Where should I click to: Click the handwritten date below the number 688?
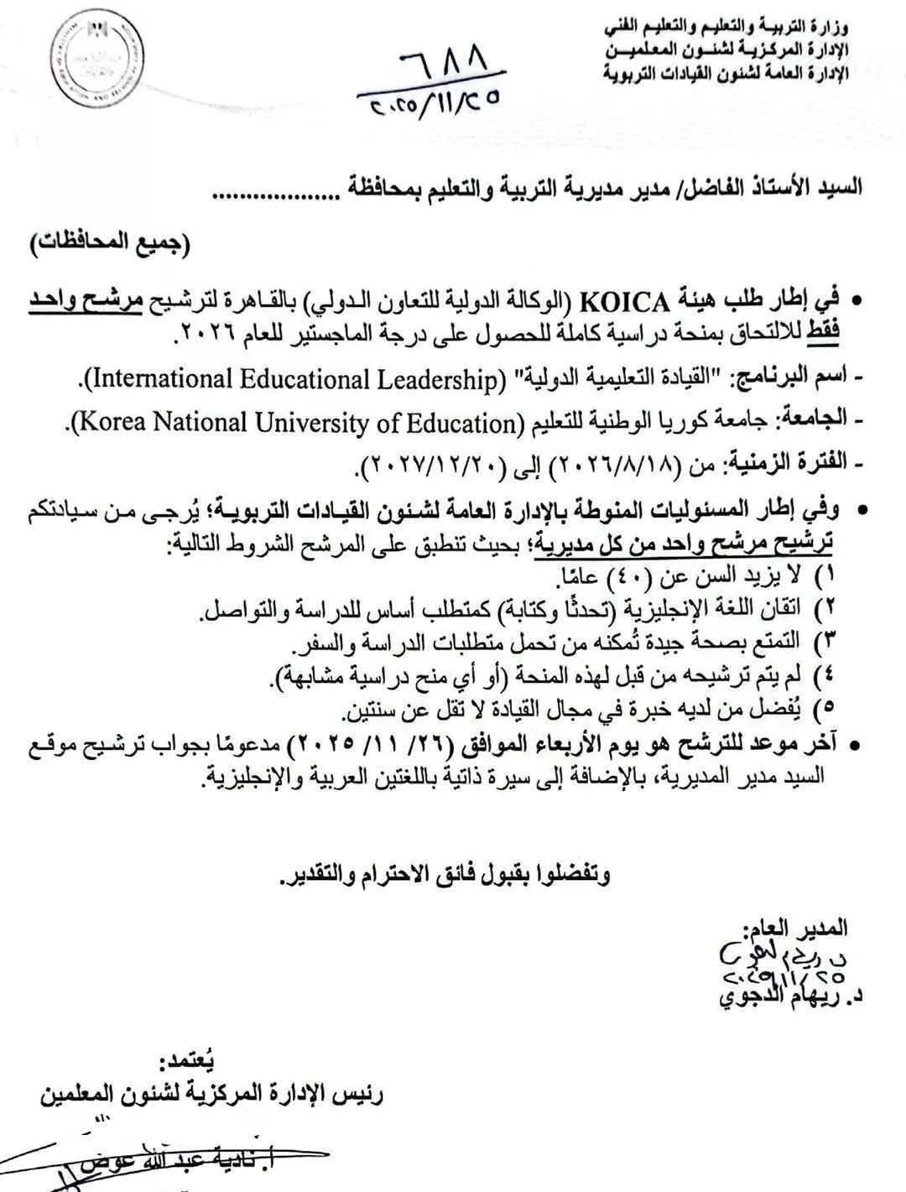[432, 102]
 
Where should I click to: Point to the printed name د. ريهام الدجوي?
[784, 998]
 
